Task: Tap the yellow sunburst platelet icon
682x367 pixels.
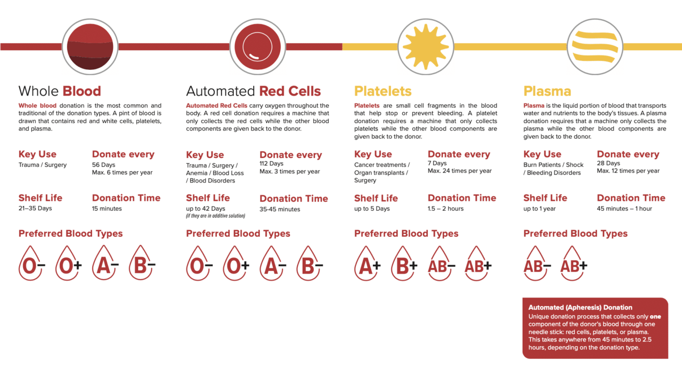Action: click(x=425, y=46)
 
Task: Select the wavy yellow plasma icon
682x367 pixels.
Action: click(x=594, y=46)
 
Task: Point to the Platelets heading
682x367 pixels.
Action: click(x=383, y=91)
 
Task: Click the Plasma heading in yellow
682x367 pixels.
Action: click(x=547, y=91)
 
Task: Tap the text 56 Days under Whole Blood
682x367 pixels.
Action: click(x=103, y=165)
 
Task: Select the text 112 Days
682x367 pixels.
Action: click(x=272, y=163)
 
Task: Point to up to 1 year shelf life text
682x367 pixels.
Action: click(x=539, y=209)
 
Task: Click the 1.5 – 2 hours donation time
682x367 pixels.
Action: click(x=445, y=209)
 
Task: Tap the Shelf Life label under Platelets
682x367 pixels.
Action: click(x=376, y=198)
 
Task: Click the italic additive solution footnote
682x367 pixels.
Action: click(x=215, y=216)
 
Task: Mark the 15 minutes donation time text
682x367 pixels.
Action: click(x=107, y=209)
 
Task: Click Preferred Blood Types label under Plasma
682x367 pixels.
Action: click(x=575, y=234)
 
